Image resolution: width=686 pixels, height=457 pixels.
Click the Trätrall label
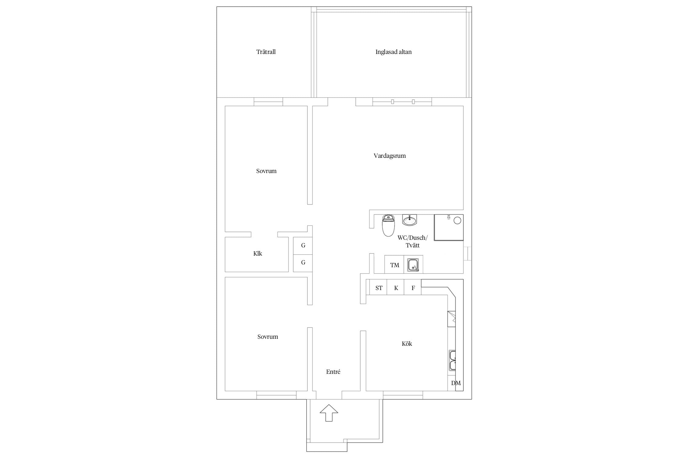(266, 52)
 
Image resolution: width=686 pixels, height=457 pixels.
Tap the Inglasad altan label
(393, 52)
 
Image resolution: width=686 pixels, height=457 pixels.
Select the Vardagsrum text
(390, 156)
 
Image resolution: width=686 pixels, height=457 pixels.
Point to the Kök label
(407, 344)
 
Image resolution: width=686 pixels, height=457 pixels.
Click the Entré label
(333, 372)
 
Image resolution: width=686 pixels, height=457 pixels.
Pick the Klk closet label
(258, 253)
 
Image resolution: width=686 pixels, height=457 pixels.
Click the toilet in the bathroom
(388, 225)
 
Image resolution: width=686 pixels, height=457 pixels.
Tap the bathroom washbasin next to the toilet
(409, 220)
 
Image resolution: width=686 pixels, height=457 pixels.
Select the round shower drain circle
(457, 220)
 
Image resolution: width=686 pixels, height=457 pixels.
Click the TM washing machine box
(394, 264)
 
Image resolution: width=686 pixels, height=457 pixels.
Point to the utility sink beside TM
(413, 264)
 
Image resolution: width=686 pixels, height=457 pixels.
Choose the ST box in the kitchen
(378, 287)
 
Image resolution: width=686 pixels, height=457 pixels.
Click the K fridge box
(395, 287)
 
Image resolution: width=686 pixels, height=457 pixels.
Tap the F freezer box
(413, 287)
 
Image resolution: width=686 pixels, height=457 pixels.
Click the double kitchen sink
(452, 360)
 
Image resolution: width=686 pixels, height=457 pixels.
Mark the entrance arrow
(329, 413)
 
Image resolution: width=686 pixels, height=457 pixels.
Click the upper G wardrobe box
(303, 246)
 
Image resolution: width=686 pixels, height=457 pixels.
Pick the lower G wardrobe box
(303, 263)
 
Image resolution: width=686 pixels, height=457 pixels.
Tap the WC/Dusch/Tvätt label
(413, 241)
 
